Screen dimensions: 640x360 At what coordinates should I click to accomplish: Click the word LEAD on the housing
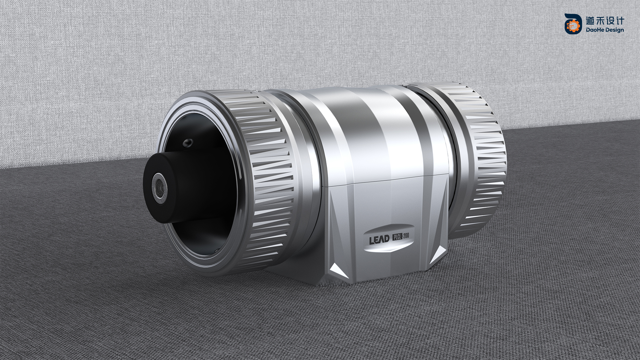pyautogui.click(x=379, y=239)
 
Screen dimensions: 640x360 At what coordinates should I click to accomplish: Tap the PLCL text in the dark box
pyautogui.click(x=398, y=237)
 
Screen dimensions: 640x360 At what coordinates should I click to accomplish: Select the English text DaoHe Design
pyautogui.click(x=605, y=30)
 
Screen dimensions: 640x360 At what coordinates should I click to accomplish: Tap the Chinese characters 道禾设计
pyautogui.click(x=605, y=21)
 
